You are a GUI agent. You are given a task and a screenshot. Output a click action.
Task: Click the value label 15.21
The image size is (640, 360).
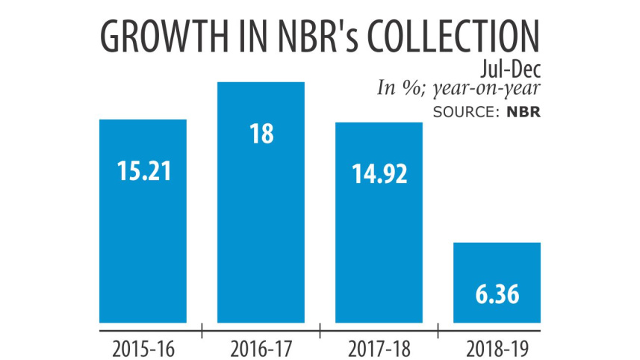point(143,170)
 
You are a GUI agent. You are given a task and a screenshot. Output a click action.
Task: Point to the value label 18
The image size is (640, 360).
point(261,134)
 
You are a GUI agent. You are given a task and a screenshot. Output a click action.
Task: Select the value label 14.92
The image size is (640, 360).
point(379,173)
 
